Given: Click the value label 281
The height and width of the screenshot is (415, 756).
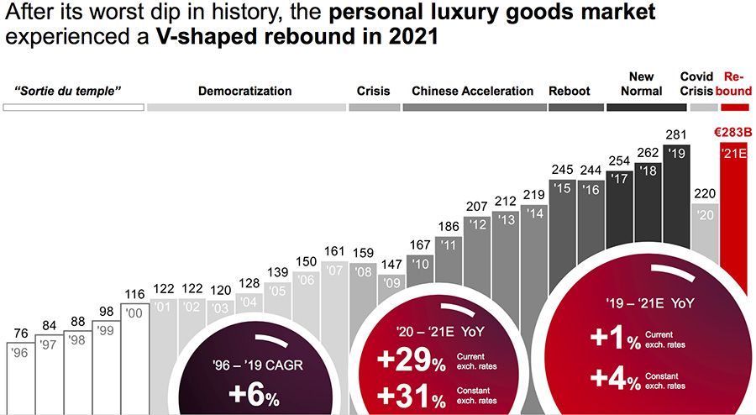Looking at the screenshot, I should pyautogui.click(x=676, y=134).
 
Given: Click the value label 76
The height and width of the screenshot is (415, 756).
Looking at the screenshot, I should pyautogui.click(x=20, y=332).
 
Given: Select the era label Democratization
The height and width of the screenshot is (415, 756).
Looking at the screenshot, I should pyautogui.click(x=245, y=91).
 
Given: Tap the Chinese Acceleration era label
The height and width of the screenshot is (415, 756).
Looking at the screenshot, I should pyautogui.click(x=473, y=91).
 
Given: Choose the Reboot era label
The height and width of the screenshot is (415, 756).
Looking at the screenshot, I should pyautogui.click(x=570, y=91).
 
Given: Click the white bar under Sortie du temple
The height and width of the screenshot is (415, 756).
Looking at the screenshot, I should pyautogui.click(x=73, y=108).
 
